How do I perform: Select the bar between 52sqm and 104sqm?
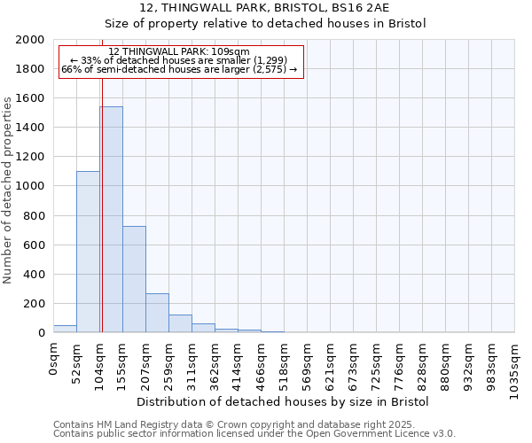click(88, 252)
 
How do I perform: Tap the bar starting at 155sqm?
click(134, 279)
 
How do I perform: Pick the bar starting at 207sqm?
click(157, 313)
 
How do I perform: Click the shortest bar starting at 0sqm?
click(65, 329)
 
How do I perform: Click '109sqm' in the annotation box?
click(231, 52)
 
